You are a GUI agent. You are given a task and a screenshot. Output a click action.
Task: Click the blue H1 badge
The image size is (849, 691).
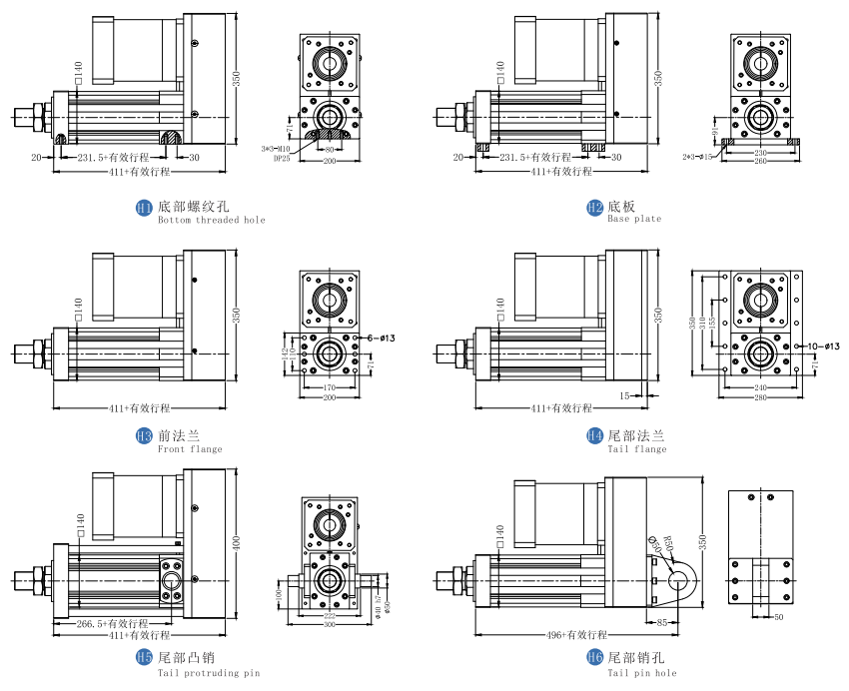[x=144, y=208]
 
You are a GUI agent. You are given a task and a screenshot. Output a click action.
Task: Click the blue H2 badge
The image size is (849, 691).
[x=593, y=208]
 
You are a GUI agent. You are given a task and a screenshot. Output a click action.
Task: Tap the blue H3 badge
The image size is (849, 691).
[x=144, y=436]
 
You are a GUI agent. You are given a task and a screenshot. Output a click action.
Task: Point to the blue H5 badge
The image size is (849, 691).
[x=144, y=658]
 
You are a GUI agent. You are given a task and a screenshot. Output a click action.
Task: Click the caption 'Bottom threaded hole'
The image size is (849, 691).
[x=212, y=220]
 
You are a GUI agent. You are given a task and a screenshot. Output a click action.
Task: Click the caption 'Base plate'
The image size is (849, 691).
[x=633, y=220]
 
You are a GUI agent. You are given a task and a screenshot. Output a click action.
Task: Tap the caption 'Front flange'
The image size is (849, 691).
[x=190, y=448]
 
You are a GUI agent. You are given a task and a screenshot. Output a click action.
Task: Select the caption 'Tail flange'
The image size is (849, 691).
[x=636, y=448]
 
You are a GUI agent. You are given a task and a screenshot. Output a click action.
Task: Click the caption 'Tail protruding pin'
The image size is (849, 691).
[x=209, y=672]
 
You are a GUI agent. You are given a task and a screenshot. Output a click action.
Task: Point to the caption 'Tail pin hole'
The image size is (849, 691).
[x=642, y=672]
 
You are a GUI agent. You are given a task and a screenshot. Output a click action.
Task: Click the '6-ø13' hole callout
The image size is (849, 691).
[x=383, y=340]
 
